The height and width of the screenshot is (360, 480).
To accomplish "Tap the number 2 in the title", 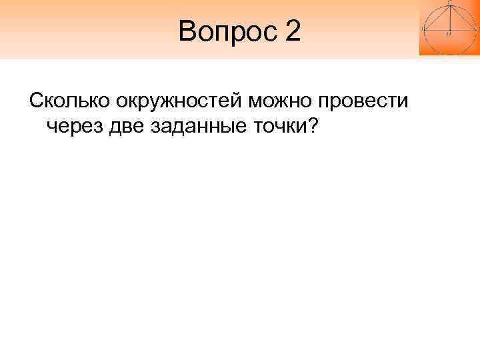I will click(293, 32).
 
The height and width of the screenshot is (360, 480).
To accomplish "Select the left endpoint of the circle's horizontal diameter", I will click(423, 29).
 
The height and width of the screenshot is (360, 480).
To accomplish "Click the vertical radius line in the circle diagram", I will click(449, 17).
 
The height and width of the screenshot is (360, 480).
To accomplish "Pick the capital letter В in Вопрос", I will click(187, 32).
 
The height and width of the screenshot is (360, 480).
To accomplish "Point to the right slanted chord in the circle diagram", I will click(461, 17).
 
